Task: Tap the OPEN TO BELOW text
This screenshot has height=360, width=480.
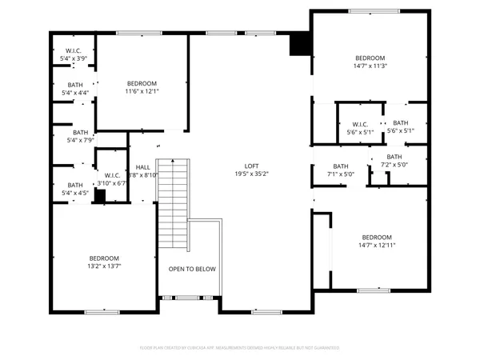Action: pos(192,269)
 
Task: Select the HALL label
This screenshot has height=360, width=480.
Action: pos(143,166)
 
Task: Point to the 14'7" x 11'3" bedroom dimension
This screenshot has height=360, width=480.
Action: pos(370,66)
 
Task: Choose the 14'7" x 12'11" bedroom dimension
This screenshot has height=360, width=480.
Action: pos(376,246)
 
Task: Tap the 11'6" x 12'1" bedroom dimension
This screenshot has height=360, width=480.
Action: pos(142,92)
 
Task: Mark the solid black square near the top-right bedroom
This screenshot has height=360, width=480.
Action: pos(300,44)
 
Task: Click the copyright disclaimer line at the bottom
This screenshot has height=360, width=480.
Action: pos(239,348)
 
